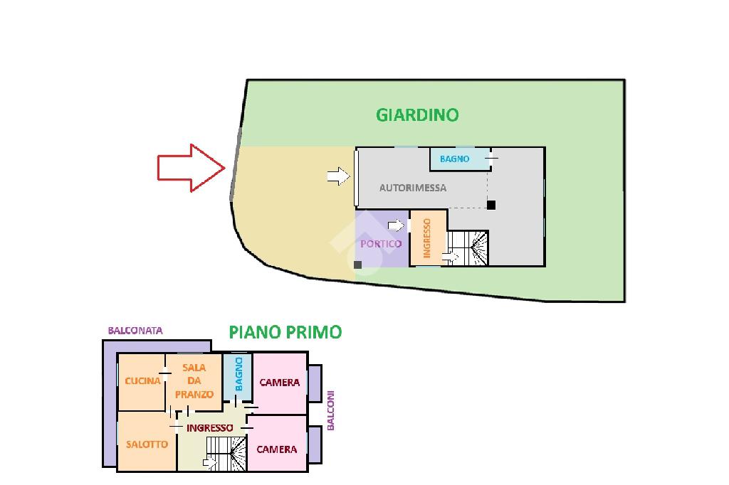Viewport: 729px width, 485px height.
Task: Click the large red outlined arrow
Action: [192, 168]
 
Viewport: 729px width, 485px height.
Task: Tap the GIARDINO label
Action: [417, 115]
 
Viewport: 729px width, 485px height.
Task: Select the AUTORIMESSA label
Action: [413, 188]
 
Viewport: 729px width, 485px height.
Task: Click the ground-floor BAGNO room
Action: [459, 159]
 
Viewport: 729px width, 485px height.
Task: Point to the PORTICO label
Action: [381, 244]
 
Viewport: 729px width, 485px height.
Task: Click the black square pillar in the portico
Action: [357, 265]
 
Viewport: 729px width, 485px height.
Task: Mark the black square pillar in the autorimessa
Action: [491, 205]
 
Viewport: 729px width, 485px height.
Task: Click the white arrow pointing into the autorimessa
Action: [338, 176]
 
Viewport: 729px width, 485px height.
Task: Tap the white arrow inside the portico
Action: [396, 225]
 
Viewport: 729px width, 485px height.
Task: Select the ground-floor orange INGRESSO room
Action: [428, 238]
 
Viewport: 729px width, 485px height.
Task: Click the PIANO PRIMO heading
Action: [285, 332]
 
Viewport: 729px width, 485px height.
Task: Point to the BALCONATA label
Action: [135, 331]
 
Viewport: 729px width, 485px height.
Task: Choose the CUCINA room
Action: [142, 382]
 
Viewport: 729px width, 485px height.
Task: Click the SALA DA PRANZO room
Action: [194, 382]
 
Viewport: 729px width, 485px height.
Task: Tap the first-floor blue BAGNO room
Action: [238, 377]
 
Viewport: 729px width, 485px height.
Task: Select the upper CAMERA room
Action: [279, 383]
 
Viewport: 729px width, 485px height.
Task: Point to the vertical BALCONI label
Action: [330, 410]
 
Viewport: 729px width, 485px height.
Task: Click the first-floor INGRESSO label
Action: [210, 428]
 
